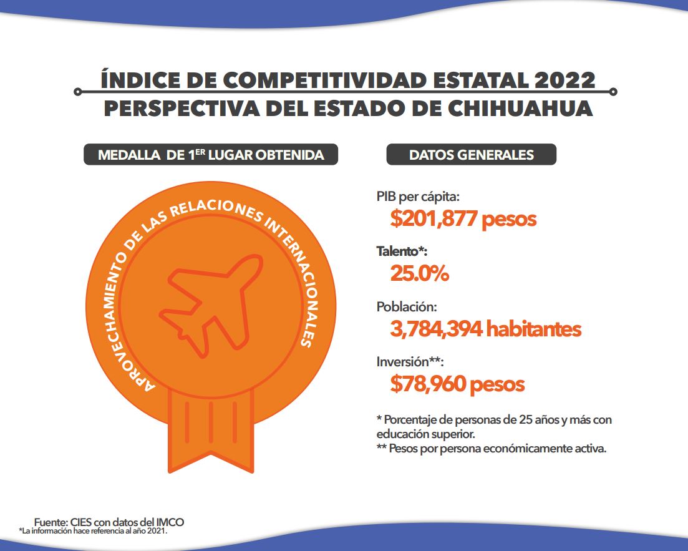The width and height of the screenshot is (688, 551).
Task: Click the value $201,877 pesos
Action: (x=463, y=219)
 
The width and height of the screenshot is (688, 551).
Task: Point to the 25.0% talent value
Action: (x=419, y=273)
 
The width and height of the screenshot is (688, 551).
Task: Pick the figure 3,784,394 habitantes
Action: (x=485, y=329)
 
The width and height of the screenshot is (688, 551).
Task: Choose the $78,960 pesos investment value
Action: (x=457, y=384)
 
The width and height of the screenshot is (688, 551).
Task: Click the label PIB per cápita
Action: (x=418, y=197)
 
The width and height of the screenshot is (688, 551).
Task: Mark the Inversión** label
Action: (x=410, y=362)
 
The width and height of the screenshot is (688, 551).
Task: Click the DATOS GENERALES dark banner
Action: (x=471, y=155)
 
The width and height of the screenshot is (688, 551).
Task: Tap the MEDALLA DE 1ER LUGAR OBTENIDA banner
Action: (x=211, y=155)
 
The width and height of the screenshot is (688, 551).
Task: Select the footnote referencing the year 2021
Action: (x=94, y=531)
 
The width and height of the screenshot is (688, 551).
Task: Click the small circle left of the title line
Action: (x=77, y=92)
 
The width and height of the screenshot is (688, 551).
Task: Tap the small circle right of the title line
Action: (x=614, y=92)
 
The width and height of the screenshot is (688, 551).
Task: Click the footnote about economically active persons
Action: (x=492, y=449)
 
